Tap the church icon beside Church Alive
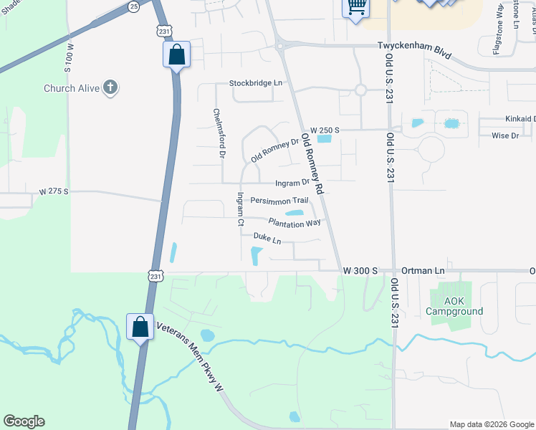(x=110, y=88)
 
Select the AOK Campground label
(x=454, y=306)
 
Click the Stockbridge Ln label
(x=256, y=83)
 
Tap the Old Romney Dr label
(x=275, y=150)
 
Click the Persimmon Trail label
(x=279, y=201)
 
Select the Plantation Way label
(x=294, y=222)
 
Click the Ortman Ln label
(x=423, y=271)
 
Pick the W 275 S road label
(x=54, y=191)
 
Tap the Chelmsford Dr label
(x=219, y=133)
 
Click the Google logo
(x=24, y=421)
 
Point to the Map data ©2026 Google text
(x=491, y=424)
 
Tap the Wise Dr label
(x=505, y=135)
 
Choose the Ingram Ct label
(x=241, y=209)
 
